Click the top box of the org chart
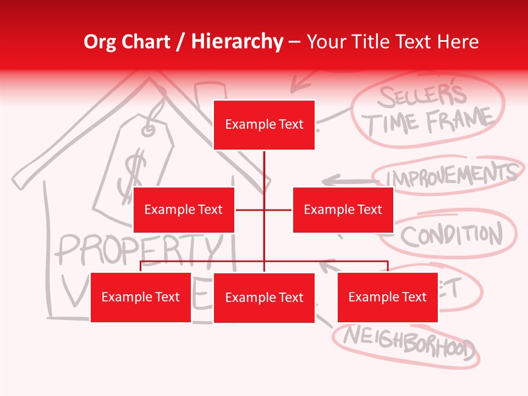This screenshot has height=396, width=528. pos(264,125)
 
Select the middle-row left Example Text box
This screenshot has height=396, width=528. pos(184,210)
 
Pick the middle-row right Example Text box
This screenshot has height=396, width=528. pos(343,210)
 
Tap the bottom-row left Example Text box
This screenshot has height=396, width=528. pos(140,297)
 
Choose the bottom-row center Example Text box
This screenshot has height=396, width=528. pos(264,298)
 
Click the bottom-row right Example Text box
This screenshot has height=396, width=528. pos(387,297)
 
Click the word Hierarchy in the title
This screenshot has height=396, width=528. pos(237,42)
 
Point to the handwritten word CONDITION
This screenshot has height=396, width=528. pos(451,235)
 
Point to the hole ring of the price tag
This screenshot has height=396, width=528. pos(149,130)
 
